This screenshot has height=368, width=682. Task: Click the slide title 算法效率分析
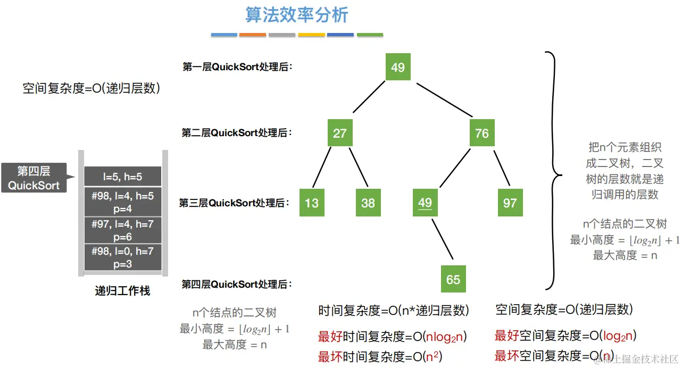pyautogui.click(x=296, y=15)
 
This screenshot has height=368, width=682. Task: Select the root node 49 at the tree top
pyautogui.click(x=398, y=67)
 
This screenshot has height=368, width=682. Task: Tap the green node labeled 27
pyautogui.click(x=340, y=133)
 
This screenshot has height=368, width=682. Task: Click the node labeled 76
pyautogui.click(x=482, y=133)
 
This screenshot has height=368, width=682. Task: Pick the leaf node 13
pyautogui.click(x=312, y=203)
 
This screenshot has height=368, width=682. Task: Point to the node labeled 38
pyautogui.click(x=368, y=203)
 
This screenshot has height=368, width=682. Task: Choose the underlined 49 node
pyautogui.click(x=425, y=203)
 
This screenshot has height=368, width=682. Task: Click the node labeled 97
pyautogui.click(x=510, y=203)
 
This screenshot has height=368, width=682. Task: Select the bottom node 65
pyautogui.click(x=453, y=279)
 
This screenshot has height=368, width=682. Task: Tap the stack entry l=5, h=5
pyautogui.click(x=122, y=177)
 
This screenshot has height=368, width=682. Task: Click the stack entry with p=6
pyautogui.click(x=122, y=229)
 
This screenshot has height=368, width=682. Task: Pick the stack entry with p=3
pyautogui.click(x=122, y=257)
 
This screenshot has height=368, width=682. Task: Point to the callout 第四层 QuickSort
pyautogui.click(x=34, y=178)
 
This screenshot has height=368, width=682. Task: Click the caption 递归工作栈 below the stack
pyautogui.click(x=122, y=291)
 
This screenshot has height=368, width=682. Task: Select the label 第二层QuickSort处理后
pyautogui.click(x=237, y=133)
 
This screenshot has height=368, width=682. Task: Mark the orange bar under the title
pyautogui.click(x=253, y=35)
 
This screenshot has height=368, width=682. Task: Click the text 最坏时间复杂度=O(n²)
pyautogui.click(x=380, y=356)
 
